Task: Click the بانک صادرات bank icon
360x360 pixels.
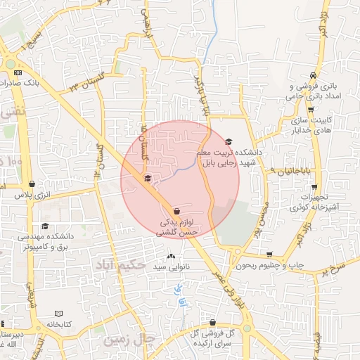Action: point(18,72)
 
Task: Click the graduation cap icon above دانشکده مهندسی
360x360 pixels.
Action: point(46,226)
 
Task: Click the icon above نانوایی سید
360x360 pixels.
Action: point(172,256)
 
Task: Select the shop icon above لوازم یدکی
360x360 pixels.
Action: point(175,211)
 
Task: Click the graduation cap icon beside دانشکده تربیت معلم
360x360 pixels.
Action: point(228,141)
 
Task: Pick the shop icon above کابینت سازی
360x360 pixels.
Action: point(311,109)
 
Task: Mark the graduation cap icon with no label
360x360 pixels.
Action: point(147,178)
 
